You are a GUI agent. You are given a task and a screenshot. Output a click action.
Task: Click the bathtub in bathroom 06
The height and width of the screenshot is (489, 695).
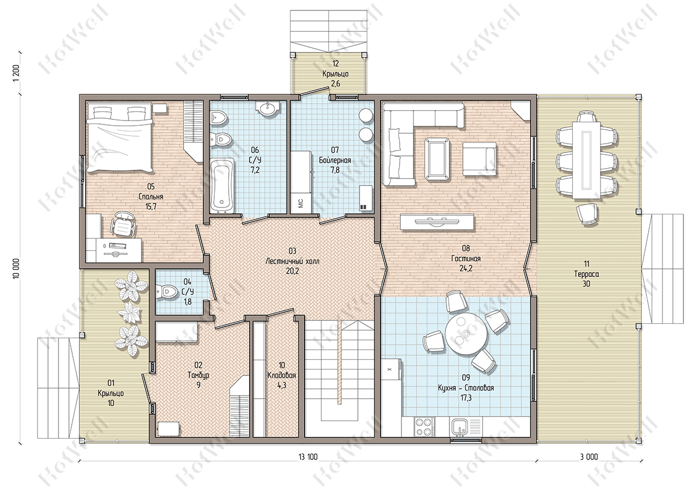tap(222, 185)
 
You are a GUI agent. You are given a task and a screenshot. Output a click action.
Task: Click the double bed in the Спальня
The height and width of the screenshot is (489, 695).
tap(120, 137)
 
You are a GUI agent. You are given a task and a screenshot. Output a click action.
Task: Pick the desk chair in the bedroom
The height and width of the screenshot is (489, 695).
tap(124, 224)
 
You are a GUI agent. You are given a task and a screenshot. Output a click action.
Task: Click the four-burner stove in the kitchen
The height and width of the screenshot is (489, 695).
tap(424, 427)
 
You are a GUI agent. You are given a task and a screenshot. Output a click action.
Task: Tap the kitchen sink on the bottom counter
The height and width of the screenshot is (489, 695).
tap(460, 427)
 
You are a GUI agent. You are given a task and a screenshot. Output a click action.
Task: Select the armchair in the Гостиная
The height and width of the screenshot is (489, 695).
tap(479, 159)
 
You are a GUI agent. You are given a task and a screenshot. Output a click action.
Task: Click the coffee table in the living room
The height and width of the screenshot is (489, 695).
tap(437, 159)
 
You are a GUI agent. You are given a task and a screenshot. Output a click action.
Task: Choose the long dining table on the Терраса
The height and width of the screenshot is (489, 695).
tap(586, 160)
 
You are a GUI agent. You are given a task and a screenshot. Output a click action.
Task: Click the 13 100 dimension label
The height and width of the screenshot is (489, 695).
tap(308, 457)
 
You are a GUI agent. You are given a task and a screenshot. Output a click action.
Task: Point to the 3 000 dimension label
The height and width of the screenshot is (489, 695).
tap(589, 457)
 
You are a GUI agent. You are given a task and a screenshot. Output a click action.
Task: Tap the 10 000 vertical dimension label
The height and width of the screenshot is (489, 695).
tap(16, 268)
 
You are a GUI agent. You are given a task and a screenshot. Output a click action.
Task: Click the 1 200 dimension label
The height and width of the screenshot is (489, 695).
tap(16, 73)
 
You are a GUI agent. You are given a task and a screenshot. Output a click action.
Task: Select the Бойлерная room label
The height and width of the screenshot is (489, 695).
tap(335, 160)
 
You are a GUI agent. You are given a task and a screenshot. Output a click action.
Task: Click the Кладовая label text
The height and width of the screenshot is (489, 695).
tap(281, 375)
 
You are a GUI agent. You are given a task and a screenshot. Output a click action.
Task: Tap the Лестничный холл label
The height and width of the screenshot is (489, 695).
tap(292, 261)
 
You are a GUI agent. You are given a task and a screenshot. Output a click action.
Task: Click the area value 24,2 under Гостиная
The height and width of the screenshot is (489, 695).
tap(466, 268)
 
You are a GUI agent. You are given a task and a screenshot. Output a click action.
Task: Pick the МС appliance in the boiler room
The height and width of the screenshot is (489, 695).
tap(301, 203)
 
